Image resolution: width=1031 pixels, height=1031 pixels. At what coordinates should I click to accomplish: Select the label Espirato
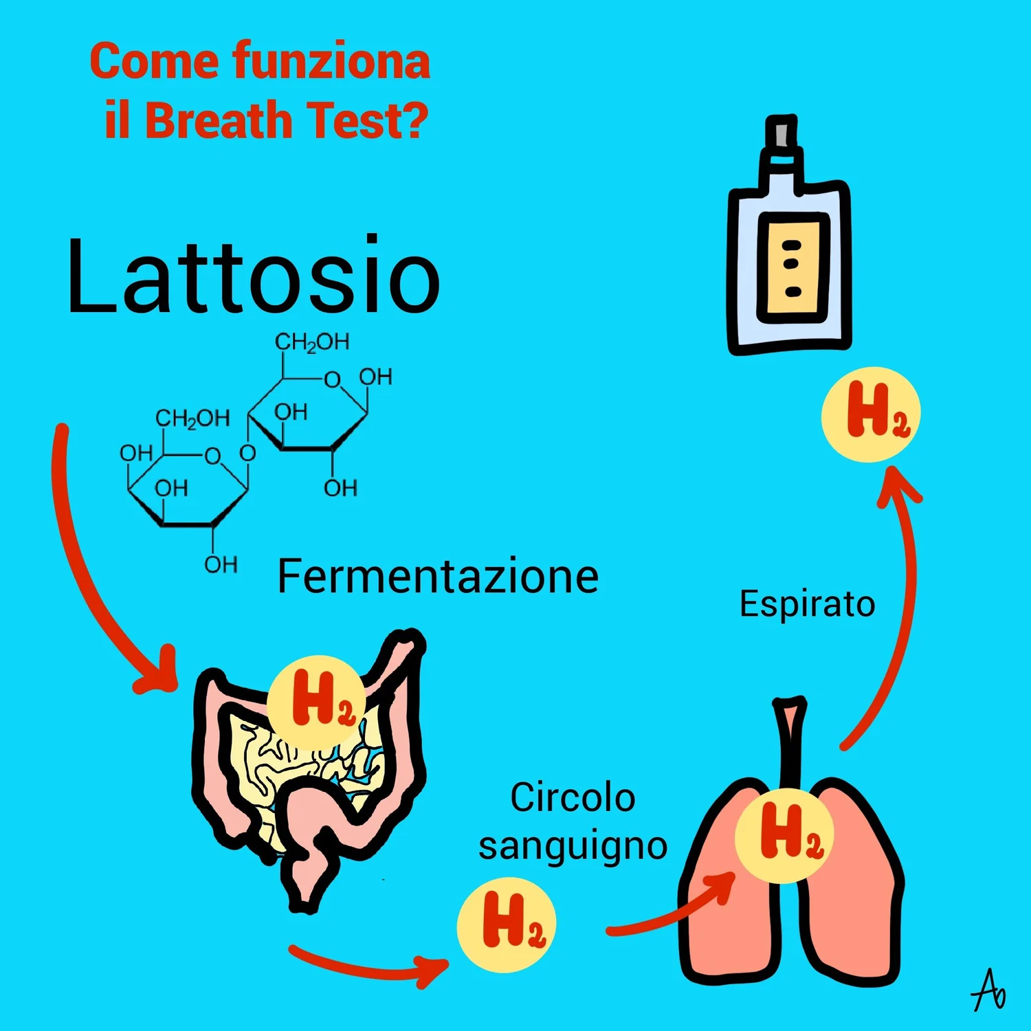[807, 604]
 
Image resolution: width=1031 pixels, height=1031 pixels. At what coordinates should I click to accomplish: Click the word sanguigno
[573, 846]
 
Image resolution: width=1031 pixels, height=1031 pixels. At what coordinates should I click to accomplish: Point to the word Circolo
[573, 797]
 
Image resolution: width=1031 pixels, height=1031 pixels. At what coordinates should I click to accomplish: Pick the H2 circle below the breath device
[871, 414]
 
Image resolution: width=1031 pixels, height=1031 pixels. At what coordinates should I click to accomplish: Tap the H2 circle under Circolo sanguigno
[507, 924]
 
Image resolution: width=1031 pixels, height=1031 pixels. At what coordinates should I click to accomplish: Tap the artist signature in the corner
[989, 990]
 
